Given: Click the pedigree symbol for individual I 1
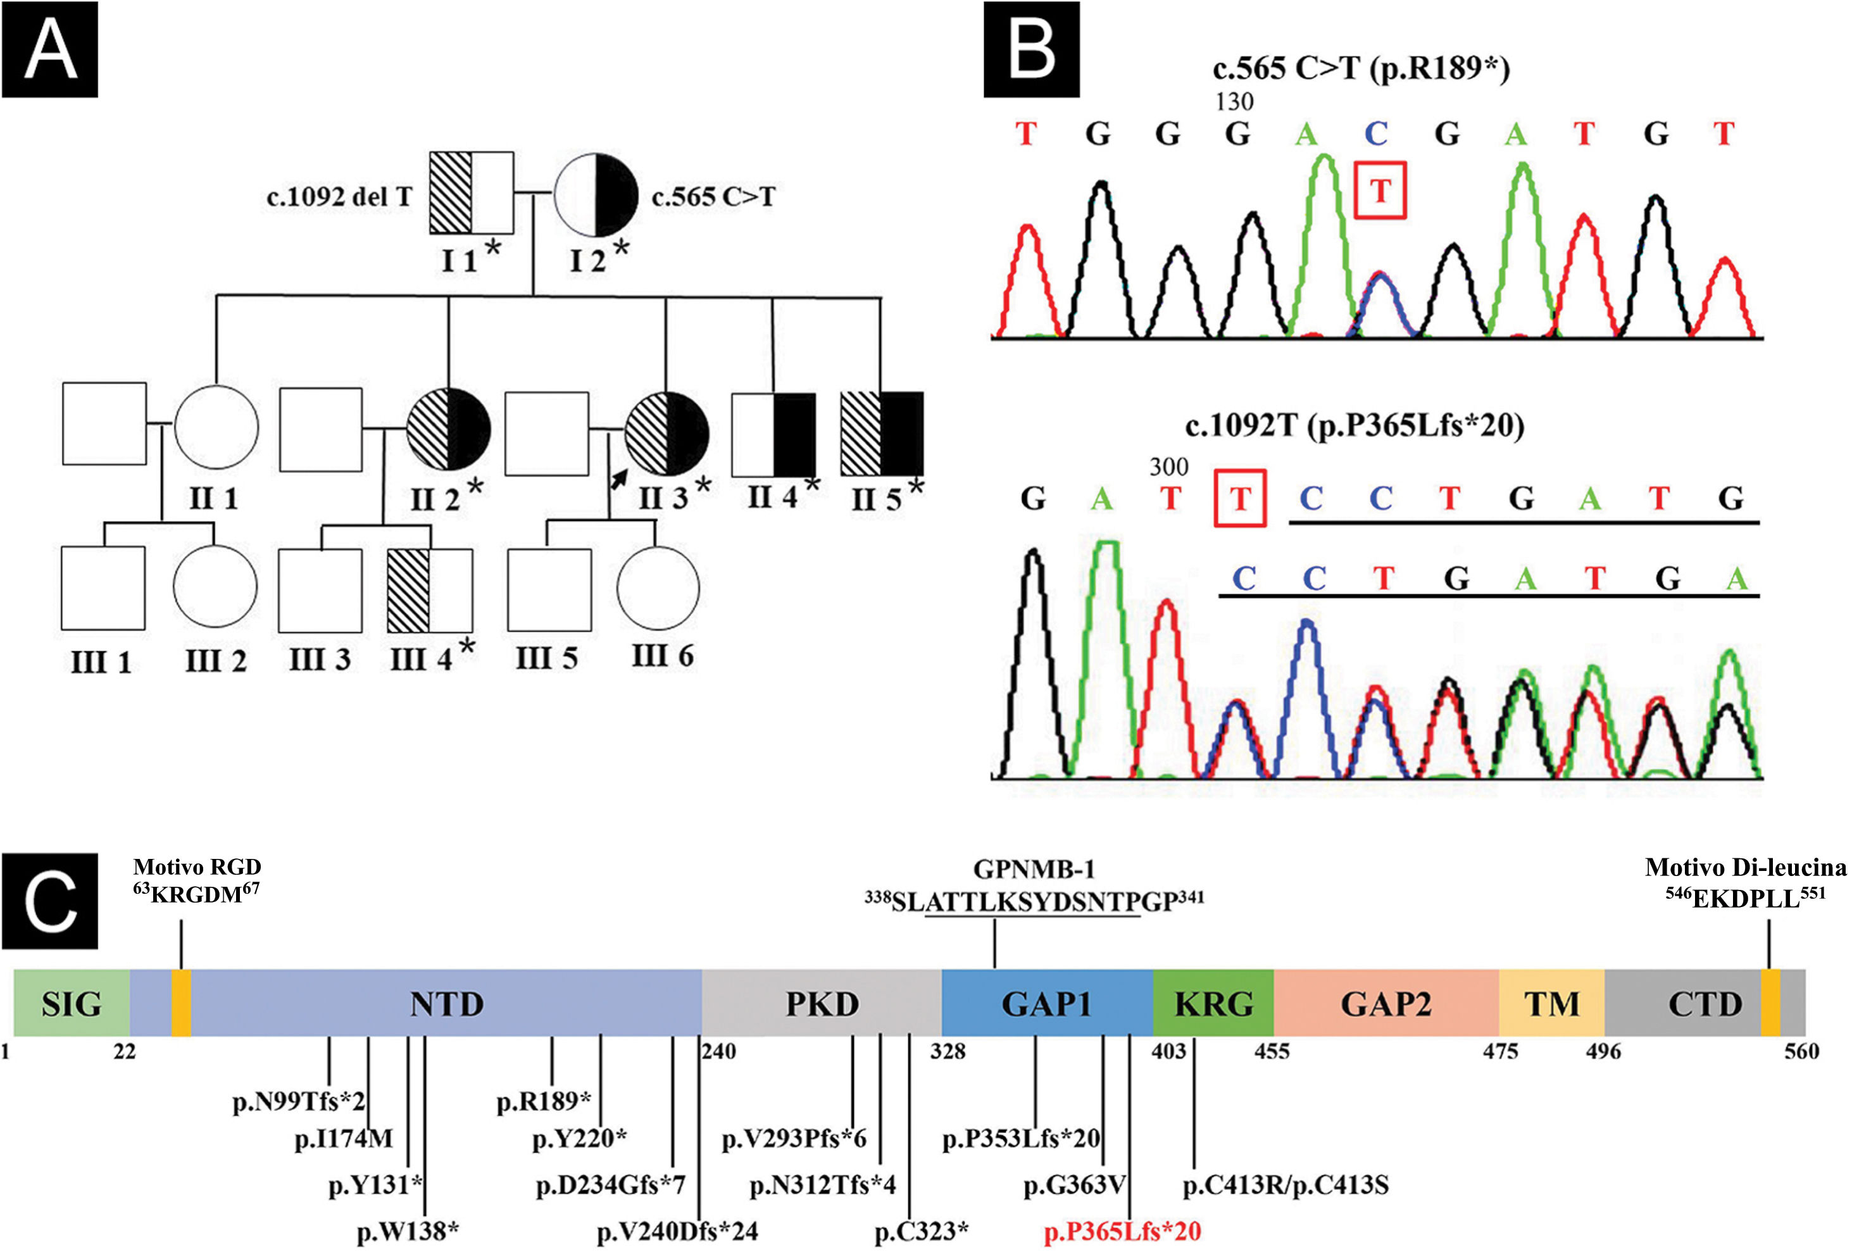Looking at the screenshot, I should point(471,192).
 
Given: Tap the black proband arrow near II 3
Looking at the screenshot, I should point(618,479).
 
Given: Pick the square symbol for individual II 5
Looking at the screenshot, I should point(882,434).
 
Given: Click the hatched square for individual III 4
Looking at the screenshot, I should point(430,591).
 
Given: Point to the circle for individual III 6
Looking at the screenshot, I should point(658,589).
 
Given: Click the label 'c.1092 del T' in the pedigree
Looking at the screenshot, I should point(339,196).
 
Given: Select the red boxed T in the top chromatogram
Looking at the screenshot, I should point(1380,191).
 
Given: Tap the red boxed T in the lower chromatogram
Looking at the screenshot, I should point(1240,499).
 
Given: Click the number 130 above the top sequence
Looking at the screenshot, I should point(1234,102).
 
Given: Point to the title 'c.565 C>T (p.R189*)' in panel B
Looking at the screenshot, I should point(1361,70).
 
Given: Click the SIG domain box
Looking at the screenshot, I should point(72,1003).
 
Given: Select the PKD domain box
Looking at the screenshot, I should point(822,1003).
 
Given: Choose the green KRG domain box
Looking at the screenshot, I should point(1213,1003).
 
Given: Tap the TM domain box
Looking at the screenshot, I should point(1551,1003).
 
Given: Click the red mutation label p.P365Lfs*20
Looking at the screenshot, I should point(1122,1231).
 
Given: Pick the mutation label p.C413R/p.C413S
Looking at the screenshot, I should point(1286,1186).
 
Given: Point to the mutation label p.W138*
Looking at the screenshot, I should point(407,1231).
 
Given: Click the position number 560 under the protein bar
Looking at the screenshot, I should point(1801,1052).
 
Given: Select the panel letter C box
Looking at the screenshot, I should point(50,901).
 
